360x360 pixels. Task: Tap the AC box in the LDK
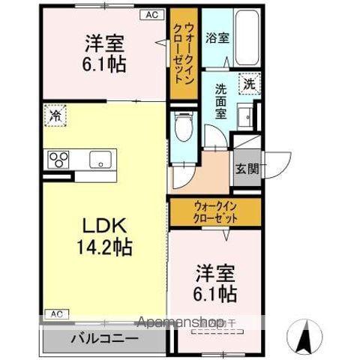coord(55,313)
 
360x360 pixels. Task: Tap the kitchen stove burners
coord(58,159)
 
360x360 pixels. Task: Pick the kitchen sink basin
coord(100,159)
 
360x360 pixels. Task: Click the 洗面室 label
coord(221,99)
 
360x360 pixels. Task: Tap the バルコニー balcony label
coord(104,337)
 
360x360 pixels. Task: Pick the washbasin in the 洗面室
coord(244,117)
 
